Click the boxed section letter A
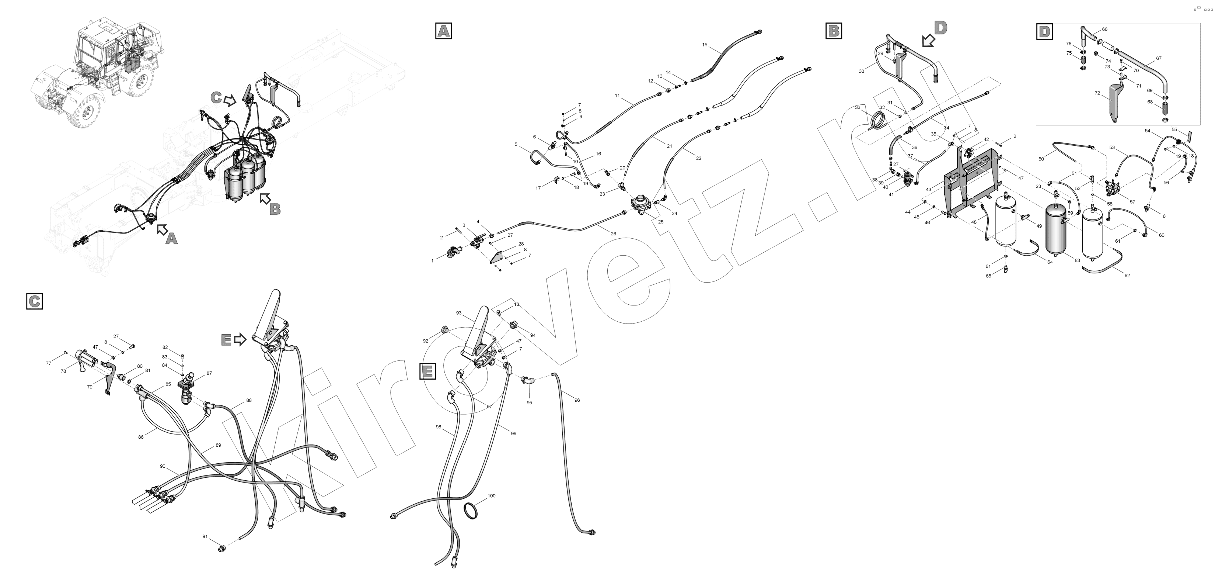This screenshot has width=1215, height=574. coord(443,31)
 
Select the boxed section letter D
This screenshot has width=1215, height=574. coord(1044,31)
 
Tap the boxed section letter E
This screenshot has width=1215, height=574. coord(427,371)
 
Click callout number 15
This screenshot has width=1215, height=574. coord(705,45)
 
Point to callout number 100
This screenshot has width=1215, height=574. coord(492,496)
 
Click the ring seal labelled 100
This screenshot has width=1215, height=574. coord(473,511)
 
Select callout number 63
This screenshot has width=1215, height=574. coord(1077,260)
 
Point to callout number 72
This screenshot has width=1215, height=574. coord(1097,93)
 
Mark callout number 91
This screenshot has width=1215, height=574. coord(205,537)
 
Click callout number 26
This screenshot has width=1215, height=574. coord(613,234)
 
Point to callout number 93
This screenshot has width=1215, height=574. coord(458,313)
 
